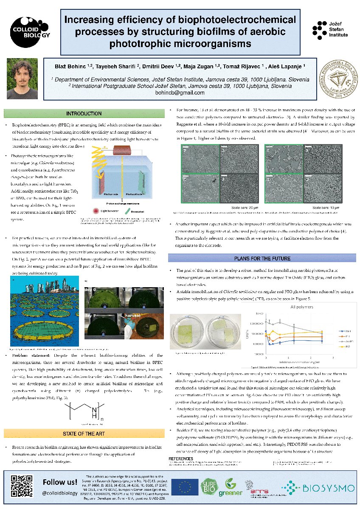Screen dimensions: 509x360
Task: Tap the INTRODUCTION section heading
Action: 84,113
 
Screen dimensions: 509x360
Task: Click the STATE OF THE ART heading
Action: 84,433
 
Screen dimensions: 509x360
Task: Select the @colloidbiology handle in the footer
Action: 59,493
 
